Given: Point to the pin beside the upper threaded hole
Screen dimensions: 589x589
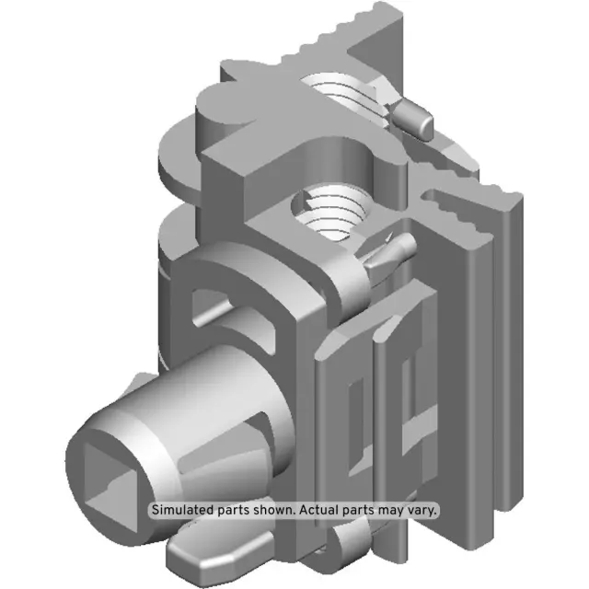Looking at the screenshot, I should (415, 118).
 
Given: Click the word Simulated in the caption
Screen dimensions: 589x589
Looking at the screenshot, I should (183, 509).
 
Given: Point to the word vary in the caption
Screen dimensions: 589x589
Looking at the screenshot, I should (422, 509).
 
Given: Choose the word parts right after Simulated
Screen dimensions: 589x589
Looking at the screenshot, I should (234, 509).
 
